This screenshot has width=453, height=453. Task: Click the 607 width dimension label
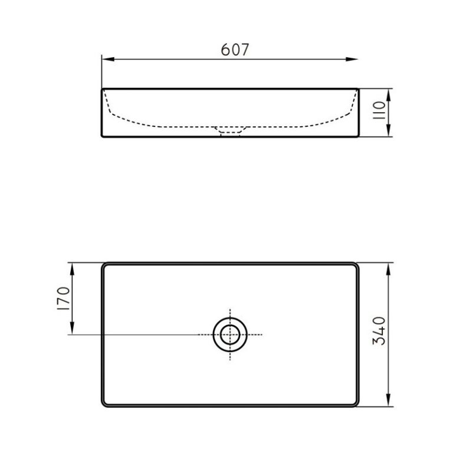point(235,50)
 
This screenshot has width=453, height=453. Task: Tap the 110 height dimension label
point(379,110)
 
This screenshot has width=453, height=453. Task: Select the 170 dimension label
point(64,298)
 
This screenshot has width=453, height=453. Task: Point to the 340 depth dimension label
point(379,331)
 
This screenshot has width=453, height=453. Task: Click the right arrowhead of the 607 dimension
point(352,59)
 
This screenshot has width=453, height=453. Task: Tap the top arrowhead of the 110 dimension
point(389,95)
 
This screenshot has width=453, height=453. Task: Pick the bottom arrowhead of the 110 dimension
point(389,130)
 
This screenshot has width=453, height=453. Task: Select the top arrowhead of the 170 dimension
point(72,269)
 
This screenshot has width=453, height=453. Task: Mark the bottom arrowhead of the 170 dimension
point(72,328)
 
